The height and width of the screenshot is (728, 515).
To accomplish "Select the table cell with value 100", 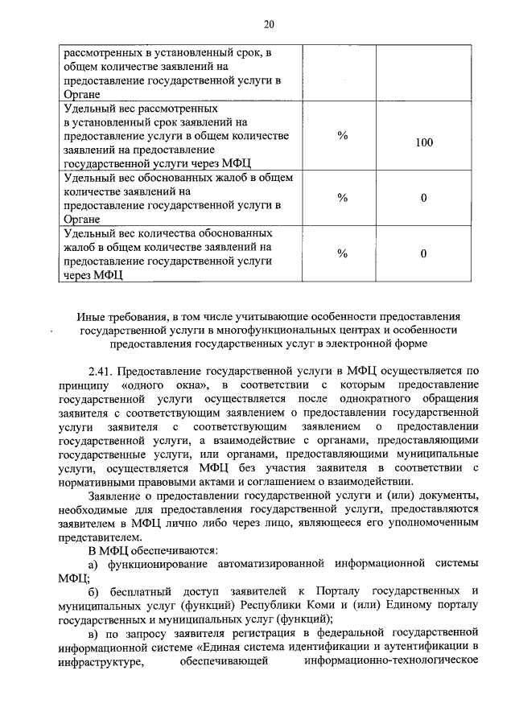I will (x=424, y=142).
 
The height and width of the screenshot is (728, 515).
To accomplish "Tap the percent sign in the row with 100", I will (x=342, y=136).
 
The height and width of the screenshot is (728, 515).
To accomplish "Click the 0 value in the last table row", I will (x=423, y=253).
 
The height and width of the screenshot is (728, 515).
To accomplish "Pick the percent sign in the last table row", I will (x=342, y=253).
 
